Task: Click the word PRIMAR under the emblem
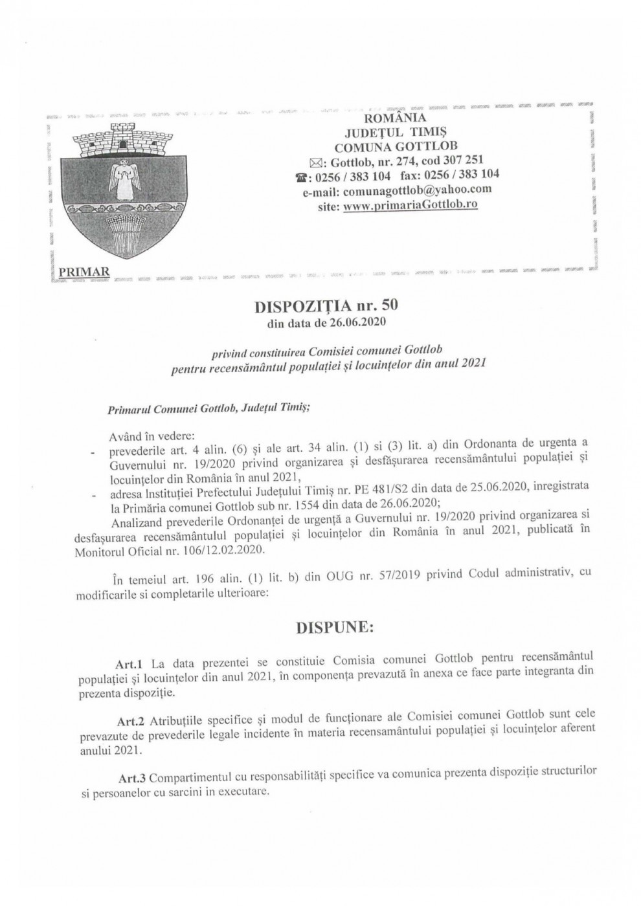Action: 84,271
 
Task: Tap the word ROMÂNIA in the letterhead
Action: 396,118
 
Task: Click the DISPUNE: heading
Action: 335,628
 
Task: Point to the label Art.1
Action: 128,663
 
